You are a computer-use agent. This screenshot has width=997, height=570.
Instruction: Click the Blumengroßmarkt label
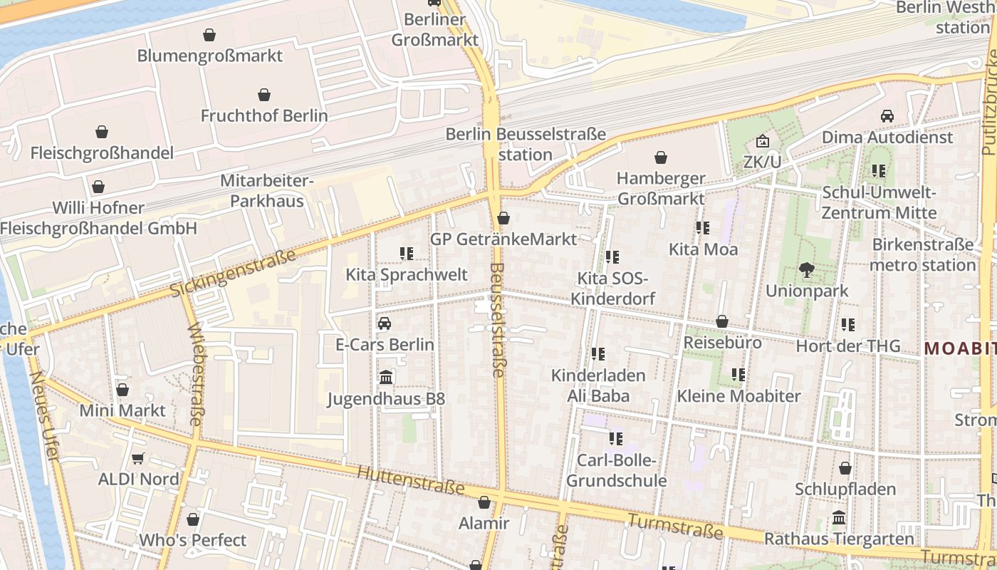pyautogui.click(x=209, y=56)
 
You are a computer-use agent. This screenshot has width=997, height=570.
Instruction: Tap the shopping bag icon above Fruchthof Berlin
pyautogui.click(x=264, y=95)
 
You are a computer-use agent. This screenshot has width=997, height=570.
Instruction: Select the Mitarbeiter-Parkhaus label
pyautogui.click(x=266, y=191)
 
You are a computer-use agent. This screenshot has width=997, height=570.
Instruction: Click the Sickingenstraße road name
pyautogui.click(x=233, y=274)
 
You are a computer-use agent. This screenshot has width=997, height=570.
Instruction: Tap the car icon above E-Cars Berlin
pyautogui.click(x=385, y=323)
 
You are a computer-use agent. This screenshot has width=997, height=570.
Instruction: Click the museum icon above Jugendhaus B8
pyautogui.click(x=386, y=377)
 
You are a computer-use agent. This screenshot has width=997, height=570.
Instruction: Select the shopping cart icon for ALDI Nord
pyautogui.click(x=138, y=458)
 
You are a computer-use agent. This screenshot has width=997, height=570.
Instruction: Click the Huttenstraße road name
pyautogui.click(x=410, y=482)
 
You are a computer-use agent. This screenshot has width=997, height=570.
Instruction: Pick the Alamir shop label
pyautogui.click(x=484, y=524)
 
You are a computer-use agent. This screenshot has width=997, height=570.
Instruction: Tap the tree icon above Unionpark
pyautogui.click(x=806, y=269)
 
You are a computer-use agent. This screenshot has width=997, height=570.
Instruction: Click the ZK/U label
pyautogui.click(x=762, y=162)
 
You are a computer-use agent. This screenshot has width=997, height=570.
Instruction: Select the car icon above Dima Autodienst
pyautogui.click(x=887, y=115)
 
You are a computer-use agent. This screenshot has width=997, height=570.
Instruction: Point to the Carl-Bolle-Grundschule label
pyautogui.click(x=616, y=470)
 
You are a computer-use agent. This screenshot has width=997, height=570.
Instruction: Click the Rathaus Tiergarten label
pyautogui.click(x=838, y=539)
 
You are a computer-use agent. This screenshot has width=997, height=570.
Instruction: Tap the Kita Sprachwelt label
pyautogui.click(x=407, y=275)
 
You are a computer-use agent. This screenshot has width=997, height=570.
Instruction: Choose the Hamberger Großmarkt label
pyautogui.click(x=661, y=188)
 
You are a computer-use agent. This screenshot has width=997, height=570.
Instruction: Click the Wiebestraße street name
pyautogui.click(x=194, y=374)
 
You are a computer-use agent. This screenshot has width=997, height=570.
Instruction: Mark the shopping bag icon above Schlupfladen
pyautogui.click(x=845, y=468)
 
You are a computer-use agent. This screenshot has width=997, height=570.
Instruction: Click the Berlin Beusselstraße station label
pyautogui.click(x=526, y=144)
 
